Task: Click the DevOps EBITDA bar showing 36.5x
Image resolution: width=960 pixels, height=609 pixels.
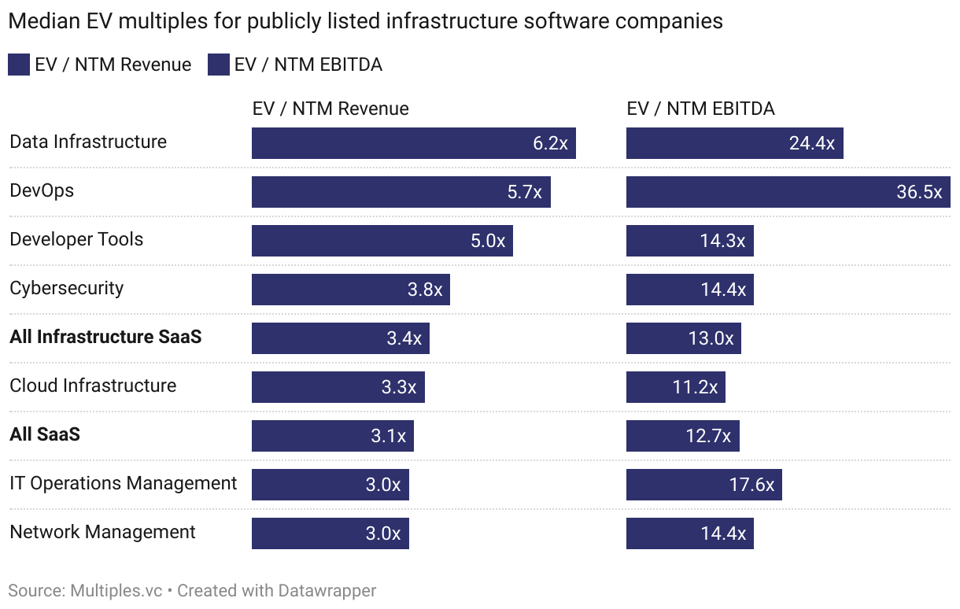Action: pos(788,192)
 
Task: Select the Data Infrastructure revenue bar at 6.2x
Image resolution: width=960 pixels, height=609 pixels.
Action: pos(413,143)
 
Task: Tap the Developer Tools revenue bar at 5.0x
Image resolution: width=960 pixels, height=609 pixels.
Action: pos(382,241)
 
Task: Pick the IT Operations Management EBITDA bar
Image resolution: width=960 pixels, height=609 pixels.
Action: pos(703,485)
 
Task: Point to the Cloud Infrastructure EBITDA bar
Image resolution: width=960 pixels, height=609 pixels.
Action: pos(675,387)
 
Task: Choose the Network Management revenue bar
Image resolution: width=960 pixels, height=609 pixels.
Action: pos(330,533)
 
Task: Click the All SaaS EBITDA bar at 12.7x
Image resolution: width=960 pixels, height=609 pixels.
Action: pos(682,436)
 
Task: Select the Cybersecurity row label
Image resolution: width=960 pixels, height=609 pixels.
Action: pos(67,288)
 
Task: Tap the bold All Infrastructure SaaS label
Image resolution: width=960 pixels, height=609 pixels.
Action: pos(105,337)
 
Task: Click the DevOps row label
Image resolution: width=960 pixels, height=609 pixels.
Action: pos(42,190)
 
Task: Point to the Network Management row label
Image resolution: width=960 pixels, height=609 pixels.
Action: pos(102,532)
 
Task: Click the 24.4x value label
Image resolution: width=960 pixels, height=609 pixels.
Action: pos(812,143)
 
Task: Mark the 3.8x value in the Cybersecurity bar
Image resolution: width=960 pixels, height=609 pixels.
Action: pos(425,290)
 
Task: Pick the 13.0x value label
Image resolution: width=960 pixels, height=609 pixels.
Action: pos(711,338)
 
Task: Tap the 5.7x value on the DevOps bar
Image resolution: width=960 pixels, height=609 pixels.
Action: pos(525,192)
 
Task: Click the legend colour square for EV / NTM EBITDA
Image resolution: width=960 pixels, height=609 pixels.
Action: pos(218,65)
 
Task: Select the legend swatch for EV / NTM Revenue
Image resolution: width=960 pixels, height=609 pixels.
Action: pos(18,65)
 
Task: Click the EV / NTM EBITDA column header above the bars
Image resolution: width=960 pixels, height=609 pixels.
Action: pos(700,109)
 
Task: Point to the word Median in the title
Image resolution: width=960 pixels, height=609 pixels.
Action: pos(40,21)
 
